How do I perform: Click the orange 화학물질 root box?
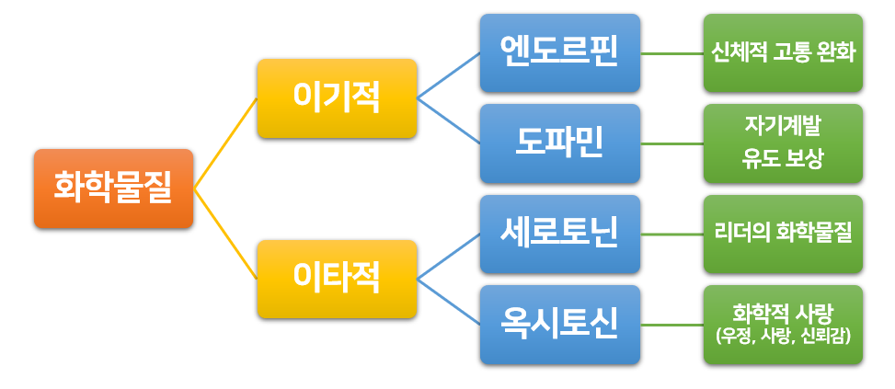click(x=113, y=188)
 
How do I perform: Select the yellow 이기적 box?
click(x=337, y=97)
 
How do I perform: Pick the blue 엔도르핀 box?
click(x=559, y=52)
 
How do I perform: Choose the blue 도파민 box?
click(x=559, y=143)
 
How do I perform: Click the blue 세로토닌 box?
click(x=559, y=233)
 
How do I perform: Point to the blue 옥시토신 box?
click(x=559, y=323)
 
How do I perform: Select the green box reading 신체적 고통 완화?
click(x=783, y=52)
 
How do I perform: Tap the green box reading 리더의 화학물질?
click(x=783, y=233)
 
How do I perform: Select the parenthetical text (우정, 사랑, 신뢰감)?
click(x=783, y=337)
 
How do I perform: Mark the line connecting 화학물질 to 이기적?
click(x=225, y=143)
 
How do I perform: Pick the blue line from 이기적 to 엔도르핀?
click(x=449, y=74)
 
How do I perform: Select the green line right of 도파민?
click(x=671, y=143)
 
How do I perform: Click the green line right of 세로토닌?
click(x=671, y=234)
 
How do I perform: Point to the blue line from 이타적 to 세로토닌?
click(x=449, y=255)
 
